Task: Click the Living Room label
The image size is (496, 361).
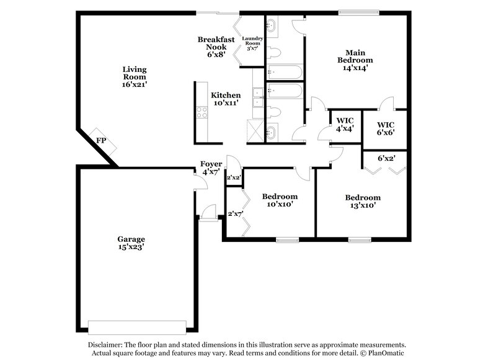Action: (135, 76)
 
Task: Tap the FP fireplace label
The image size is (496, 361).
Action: (100, 141)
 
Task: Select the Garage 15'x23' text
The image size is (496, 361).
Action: (131, 243)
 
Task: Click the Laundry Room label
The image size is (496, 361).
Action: (252, 43)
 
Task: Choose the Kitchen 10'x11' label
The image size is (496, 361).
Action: (226, 99)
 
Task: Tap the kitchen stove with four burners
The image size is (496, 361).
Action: (201, 112)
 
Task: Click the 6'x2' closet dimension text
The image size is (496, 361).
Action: (386, 158)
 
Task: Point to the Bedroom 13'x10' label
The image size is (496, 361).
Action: (363, 201)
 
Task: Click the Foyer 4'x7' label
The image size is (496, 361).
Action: (211, 167)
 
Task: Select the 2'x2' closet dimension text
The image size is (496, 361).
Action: (234, 178)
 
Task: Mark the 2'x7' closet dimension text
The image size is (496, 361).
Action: (236, 213)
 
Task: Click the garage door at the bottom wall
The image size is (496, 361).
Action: (137, 324)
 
